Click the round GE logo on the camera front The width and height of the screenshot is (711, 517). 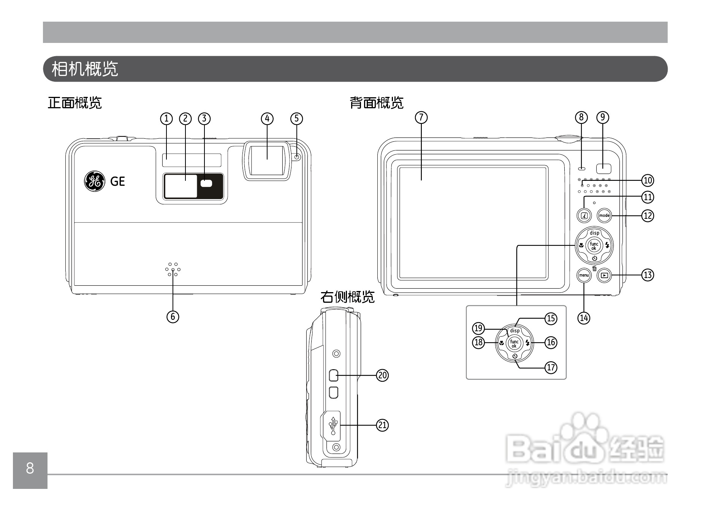[x=94, y=181]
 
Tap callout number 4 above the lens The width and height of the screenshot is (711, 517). [x=267, y=119]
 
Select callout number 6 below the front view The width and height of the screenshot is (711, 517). [x=173, y=316]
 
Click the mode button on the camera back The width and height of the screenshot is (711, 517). [x=604, y=215]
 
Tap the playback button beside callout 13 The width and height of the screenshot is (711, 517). [x=604, y=275]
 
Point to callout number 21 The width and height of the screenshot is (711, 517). [x=382, y=425]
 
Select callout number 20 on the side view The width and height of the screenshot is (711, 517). [x=382, y=375]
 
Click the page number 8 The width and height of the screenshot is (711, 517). [x=30, y=469]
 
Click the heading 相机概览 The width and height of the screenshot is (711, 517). [x=85, y=69]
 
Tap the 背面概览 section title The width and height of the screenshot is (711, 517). [x=376, y=103]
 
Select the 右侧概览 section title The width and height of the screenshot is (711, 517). [x=347, y=297]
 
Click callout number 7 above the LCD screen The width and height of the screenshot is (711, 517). [x=421, y=118]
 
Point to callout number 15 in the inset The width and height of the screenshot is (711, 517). [x=551, y=318]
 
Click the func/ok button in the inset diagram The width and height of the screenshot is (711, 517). [x=514, y=343]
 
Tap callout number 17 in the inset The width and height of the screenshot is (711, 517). [x=551, y=367]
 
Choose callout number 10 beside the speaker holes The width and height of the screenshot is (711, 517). [x=648, y=180]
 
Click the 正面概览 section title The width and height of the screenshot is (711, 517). [x=75, y=103]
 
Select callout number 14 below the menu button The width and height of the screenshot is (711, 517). [x=584, y=318]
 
